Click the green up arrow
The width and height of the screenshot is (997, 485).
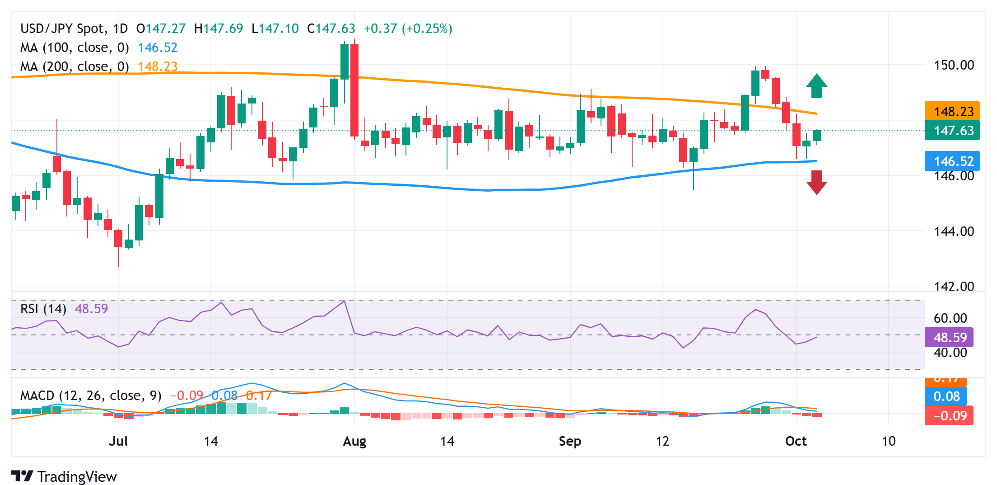816,86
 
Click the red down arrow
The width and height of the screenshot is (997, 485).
816,182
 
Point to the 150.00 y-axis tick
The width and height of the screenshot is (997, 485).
954,65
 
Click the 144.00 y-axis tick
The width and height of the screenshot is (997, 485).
954,231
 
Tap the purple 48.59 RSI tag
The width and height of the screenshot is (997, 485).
949,337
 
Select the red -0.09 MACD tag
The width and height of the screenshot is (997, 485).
949,415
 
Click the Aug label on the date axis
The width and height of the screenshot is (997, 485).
354,441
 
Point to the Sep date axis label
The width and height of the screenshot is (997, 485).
570,441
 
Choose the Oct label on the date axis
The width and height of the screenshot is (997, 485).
796,441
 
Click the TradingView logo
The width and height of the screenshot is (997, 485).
64,476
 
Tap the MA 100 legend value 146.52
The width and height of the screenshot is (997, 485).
158,47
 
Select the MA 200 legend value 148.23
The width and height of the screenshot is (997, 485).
158,66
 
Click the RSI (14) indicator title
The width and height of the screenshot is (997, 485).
43,309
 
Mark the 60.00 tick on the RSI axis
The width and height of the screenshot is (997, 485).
950,318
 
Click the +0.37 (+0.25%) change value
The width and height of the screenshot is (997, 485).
408,28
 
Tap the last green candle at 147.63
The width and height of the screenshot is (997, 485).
816,136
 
